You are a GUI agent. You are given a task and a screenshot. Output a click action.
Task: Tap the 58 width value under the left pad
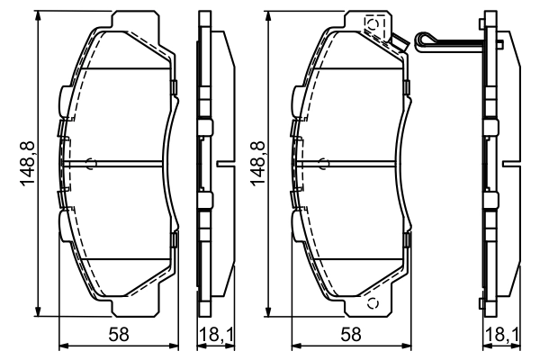pyautogui.click(x=118, y=335)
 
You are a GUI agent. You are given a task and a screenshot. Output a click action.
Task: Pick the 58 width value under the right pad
pyautogui.click(x=351, y=335)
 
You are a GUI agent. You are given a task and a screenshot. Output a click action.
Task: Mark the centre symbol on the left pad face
pyautogui.click(x=89, y=163)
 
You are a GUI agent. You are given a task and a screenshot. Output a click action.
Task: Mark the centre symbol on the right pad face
pyautogui.click(x=323, y=163)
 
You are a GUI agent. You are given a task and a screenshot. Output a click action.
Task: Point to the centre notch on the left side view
pyautogui.click(x=220, y=164)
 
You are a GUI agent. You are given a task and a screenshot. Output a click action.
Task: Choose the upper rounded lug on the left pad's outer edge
pyautogui.click(x=60, y=97)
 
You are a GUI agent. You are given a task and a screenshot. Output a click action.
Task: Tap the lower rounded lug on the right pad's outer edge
pyautogui.click(x=294, y=222)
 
